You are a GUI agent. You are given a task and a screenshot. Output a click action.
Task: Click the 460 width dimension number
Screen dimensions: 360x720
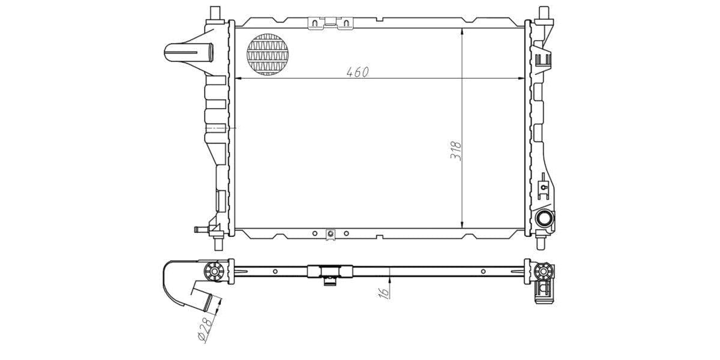tap(356, 72)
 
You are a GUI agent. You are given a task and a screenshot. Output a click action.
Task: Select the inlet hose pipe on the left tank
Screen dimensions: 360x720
tap(188, 52)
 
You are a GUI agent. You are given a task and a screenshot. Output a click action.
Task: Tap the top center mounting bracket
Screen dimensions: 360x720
tap(329, 23)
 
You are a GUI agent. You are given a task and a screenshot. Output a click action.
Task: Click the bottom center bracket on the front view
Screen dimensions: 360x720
tap(329, 234)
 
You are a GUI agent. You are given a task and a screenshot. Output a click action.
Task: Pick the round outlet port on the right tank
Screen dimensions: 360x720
tap(545, 220)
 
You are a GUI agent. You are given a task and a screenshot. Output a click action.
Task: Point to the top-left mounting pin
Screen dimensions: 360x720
tap(215, 13)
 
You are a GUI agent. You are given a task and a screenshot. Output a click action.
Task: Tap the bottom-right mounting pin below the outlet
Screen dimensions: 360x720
tap(541, 243)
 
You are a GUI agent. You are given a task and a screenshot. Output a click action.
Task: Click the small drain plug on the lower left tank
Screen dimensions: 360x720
tap(200, 229)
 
